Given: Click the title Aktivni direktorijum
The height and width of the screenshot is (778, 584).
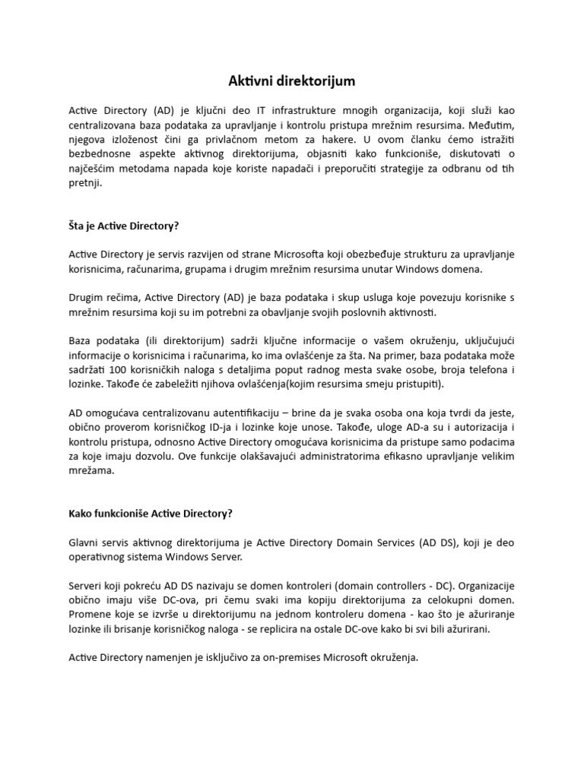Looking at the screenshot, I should point(291,80).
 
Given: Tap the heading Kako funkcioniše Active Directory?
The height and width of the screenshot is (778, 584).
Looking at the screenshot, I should point(151,513).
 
